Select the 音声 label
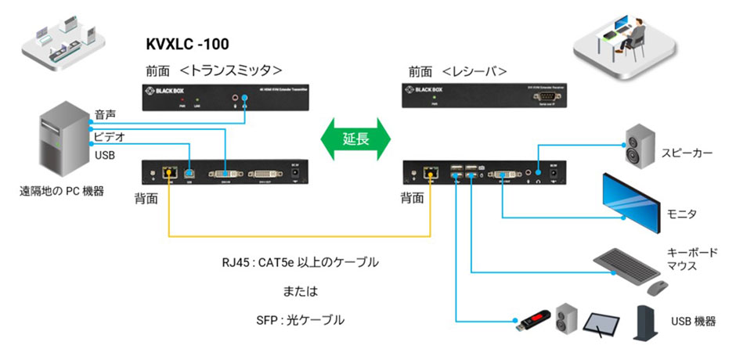click(105, 113)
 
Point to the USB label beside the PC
click(104, 156)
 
